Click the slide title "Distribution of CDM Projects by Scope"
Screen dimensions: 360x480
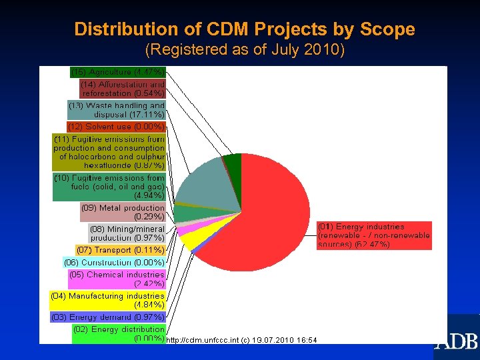(245, 29)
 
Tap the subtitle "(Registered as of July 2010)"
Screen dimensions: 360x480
(245, 50)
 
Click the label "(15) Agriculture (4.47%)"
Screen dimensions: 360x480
(117, 71)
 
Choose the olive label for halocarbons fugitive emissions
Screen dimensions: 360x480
(109, 151)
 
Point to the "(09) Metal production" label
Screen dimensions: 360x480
(123, 212)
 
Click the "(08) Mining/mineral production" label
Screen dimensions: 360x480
(127, 233)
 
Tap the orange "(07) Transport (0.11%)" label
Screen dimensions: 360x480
(120, 250)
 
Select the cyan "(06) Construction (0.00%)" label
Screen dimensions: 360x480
(114, 262)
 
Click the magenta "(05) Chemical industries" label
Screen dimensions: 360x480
(116, 279)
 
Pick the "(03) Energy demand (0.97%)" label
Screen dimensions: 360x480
(107, 317)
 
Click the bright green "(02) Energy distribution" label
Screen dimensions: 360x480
(119, 333)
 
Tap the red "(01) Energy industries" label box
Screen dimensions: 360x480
(373, 236)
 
